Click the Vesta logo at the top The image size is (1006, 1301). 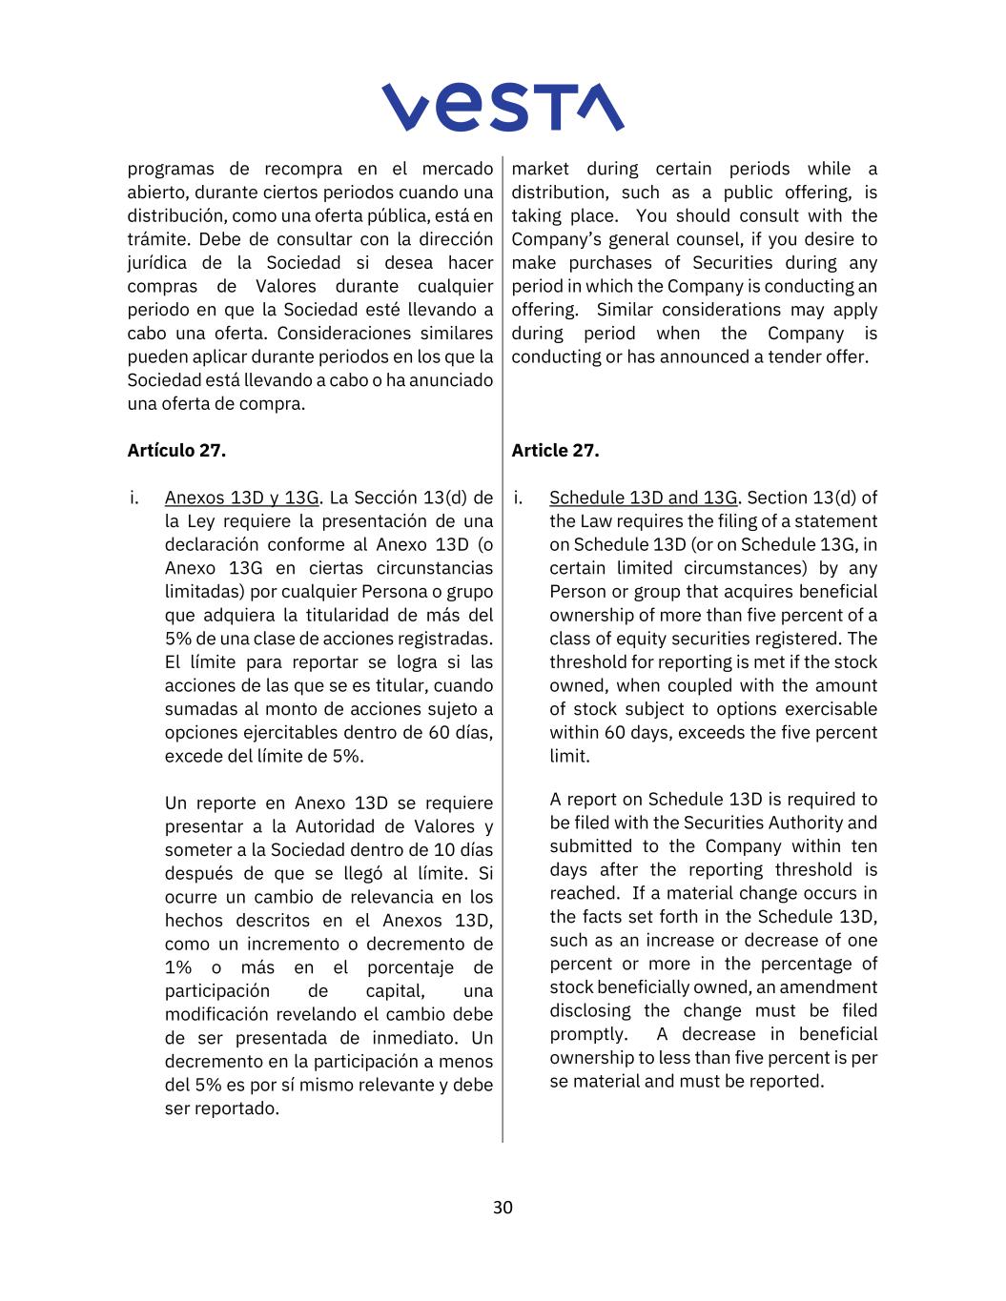point(503,107)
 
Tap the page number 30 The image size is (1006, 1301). point(503,1208)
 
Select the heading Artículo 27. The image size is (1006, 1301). point(176,451)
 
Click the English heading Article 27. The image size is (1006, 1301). point(555,451)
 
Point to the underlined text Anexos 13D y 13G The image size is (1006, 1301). point(241,498)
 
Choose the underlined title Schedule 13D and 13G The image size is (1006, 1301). point(644,498)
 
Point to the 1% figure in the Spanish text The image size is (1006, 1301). point(178,967)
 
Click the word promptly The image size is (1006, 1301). point(588,1034)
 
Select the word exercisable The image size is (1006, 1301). point(830,709)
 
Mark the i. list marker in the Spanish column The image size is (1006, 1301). point(134,498)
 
